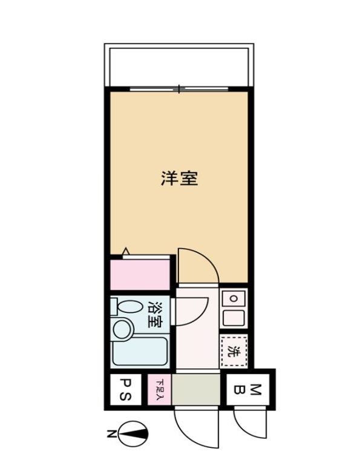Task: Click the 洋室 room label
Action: (x=180, y=179)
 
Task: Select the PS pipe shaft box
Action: (x=124, y=390)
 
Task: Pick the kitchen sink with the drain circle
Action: (x=233, y=298)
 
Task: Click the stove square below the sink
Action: (x=233, y=317)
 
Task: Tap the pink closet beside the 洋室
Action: (x=140, y=275)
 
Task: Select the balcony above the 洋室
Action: (x=178, y=65)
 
